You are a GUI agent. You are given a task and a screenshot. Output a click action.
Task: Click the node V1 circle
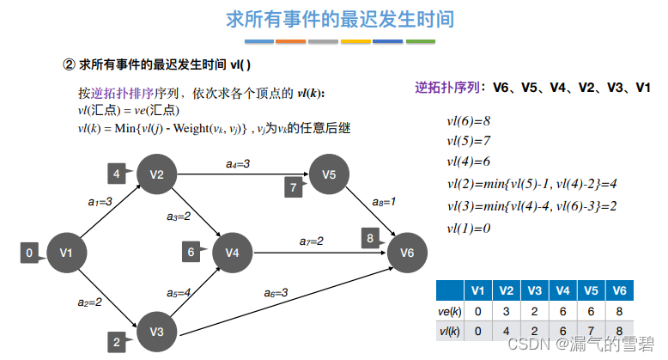click(x=66, y=253)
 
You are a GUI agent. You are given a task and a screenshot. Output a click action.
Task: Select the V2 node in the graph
click(x=156, y=174)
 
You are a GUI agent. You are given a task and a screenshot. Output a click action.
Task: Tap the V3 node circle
click(x=156, y=331)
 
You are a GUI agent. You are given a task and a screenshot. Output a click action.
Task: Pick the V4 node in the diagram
click(x=231, y=252)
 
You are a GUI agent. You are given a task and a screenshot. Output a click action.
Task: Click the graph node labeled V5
click(x=330, y=174)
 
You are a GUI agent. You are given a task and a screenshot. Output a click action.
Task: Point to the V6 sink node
click(x=407, y=252)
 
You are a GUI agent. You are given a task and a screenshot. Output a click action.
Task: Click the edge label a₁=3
click(x=100, y=202)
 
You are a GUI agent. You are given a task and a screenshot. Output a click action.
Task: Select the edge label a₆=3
click(x=275, y=293)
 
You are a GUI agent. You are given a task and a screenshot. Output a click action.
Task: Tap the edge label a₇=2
click(x=311, y=241)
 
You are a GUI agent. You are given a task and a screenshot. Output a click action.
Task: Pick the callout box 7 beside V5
click(x=293, y=186)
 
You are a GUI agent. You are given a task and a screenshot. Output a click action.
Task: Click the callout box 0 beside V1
click(x=30, y=253)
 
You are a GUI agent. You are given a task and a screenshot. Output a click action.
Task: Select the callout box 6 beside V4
click(x=191, y=252)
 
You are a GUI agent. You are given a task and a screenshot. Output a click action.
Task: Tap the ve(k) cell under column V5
click(x=590, y=309)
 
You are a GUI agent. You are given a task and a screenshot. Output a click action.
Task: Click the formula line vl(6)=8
click(x=469, y=121)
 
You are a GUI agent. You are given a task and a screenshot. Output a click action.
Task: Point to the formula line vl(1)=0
click(x=468, y=228)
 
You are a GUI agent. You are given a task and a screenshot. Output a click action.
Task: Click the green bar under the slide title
click(x=421, y=40)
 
